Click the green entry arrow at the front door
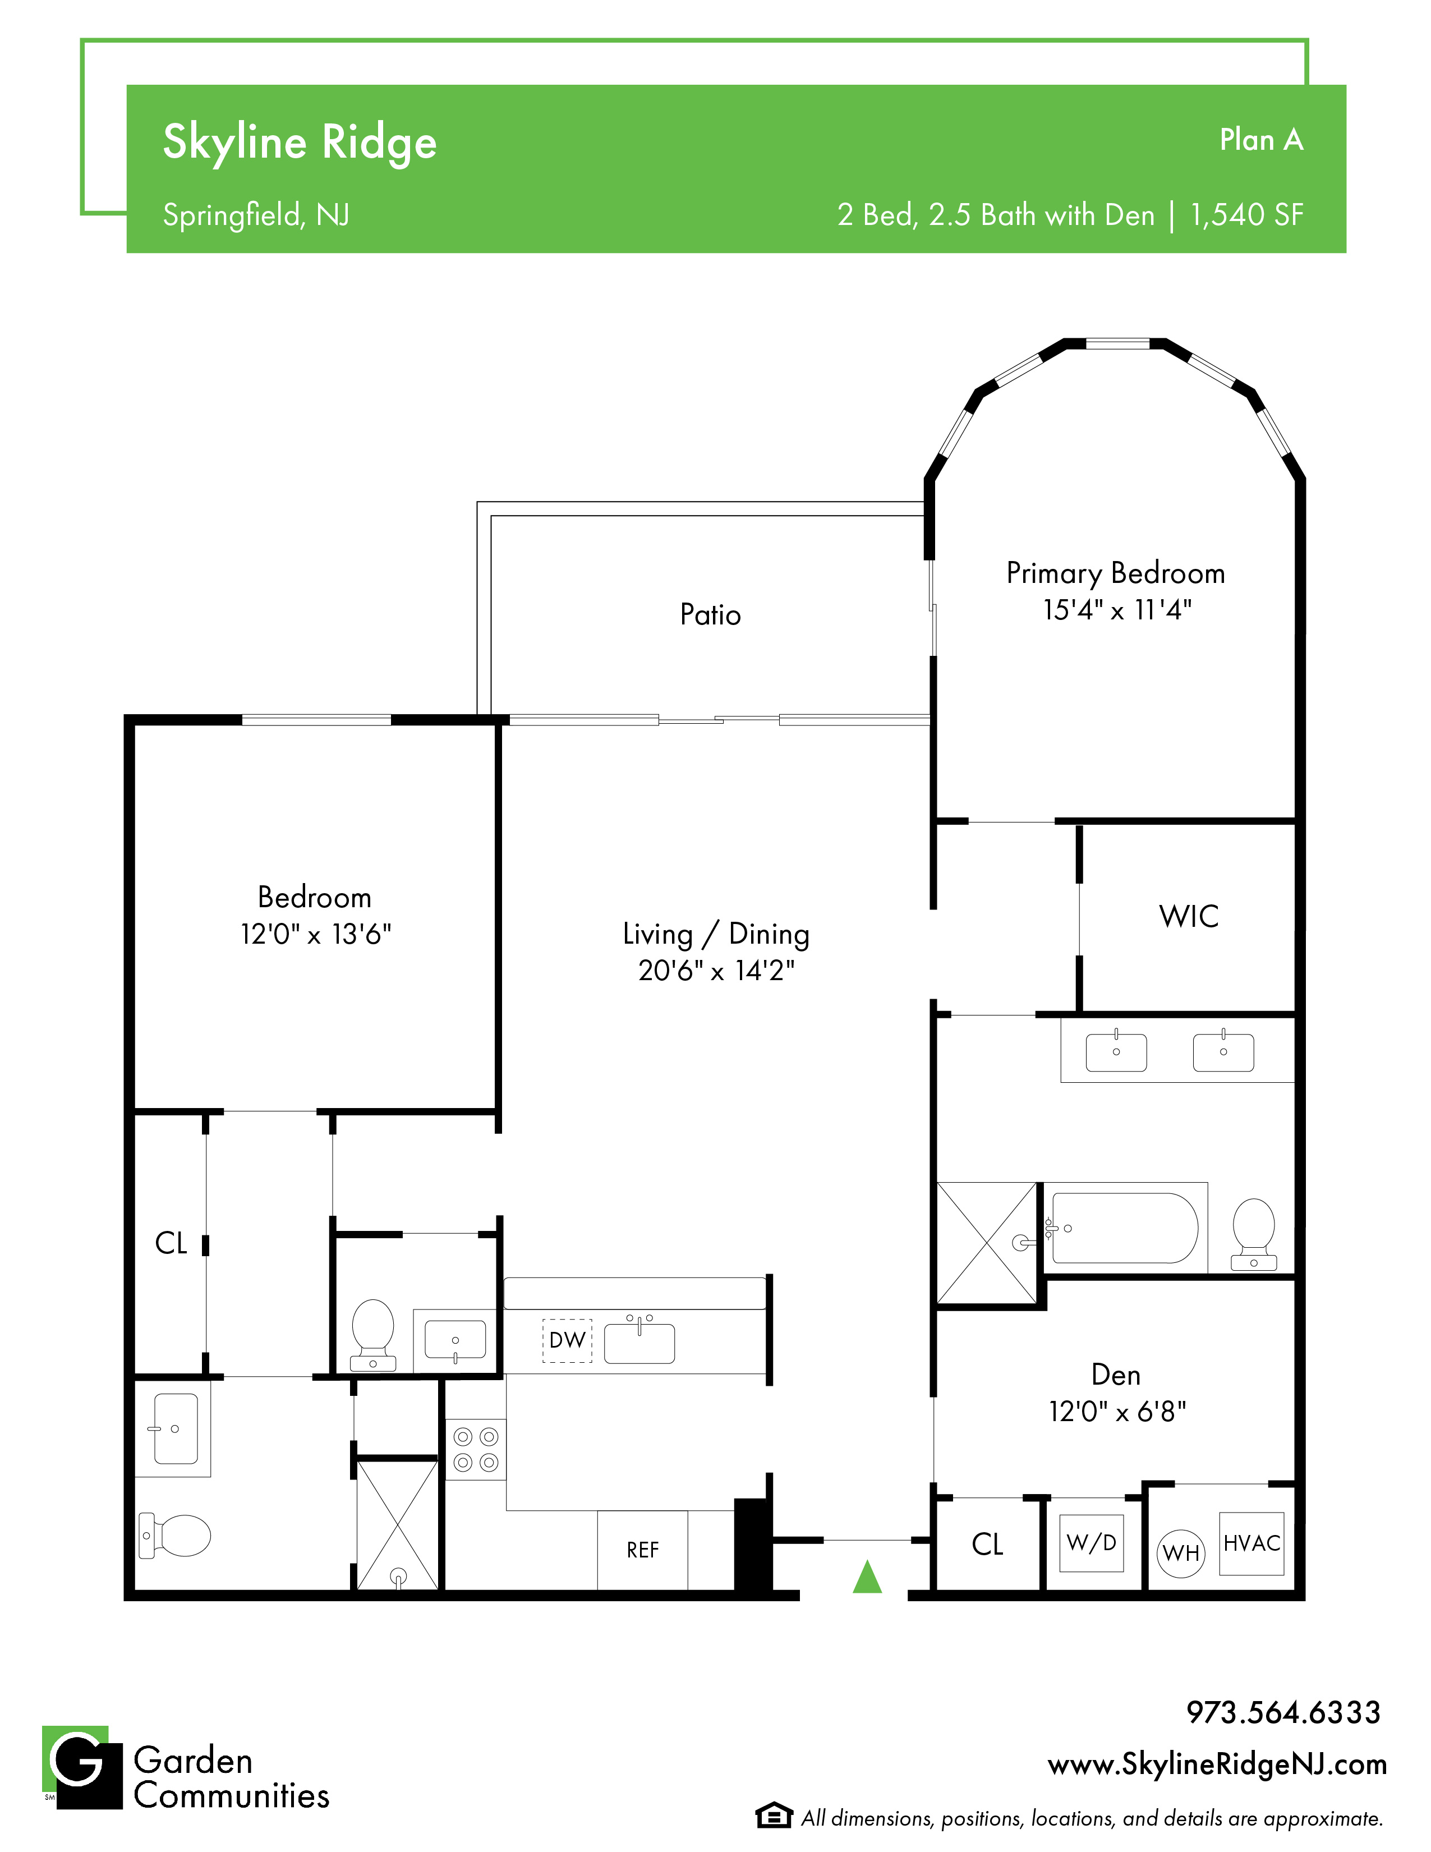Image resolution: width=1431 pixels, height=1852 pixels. (x=867, y=1577)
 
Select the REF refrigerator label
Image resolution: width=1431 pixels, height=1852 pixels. (x=643, y=1550)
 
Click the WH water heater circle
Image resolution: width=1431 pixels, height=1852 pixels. (x=1181, y=1552)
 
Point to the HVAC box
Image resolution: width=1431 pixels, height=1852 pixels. (x=1251, y=1543)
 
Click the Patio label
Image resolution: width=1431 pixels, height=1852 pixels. (x=710, y=614)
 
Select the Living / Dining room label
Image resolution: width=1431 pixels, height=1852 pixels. (x=716, y=934)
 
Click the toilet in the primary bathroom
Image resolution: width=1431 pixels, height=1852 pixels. (x=1254, y=1234)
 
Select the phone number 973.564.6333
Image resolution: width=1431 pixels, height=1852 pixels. (x=1283, y=1712)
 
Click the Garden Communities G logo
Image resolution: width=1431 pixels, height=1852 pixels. (x=82, y=1767)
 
